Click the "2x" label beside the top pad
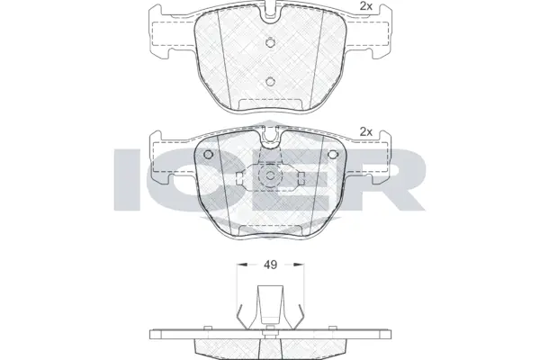pos(364,8)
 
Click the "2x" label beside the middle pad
pos(365,132)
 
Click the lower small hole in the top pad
pos(270,82)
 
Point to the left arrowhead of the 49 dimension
pos(239,265)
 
